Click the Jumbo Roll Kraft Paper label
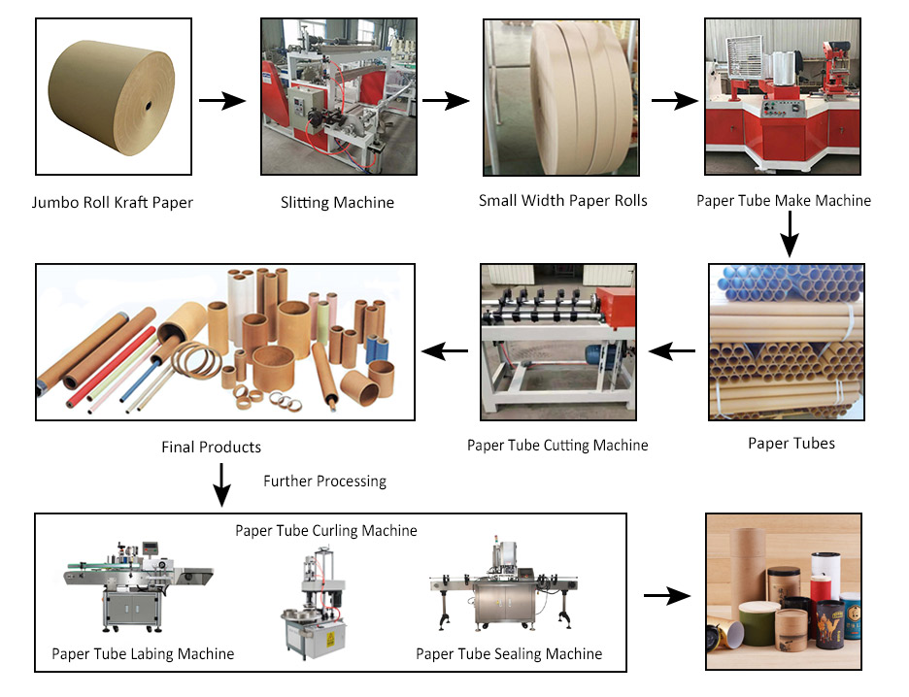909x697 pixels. coord(113,203)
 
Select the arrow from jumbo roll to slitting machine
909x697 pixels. coord(221,99)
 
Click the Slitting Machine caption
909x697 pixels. coord(337,203)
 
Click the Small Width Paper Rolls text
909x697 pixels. coord(562,201)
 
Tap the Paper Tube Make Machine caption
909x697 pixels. coord(784,201)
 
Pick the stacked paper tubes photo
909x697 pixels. coord(786,341)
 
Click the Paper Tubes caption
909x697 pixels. coord(791,444)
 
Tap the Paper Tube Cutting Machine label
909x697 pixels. coord(557,446)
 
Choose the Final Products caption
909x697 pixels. coord(211,448)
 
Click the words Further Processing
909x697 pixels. coord(324,481)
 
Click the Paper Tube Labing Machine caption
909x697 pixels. coord(143,653)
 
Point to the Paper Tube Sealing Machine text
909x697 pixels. coord(509,653)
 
